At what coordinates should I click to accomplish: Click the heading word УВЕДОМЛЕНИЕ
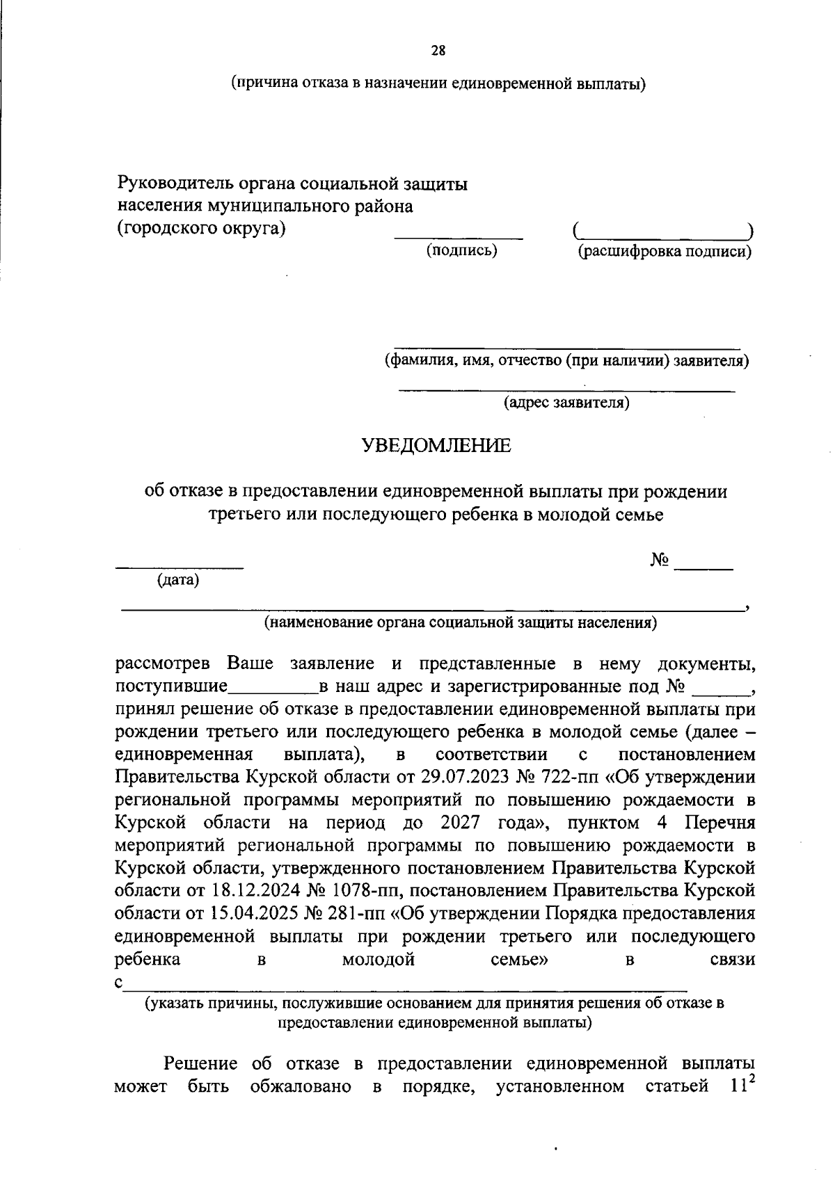pyautogui.click(x=436, y=446)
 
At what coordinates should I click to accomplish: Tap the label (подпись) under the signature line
pyautogui.click(x=461, y=250)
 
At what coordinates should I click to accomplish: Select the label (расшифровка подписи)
pyautogui.click(x=665, y=252)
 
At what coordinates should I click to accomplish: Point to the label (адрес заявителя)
pyautogui.click(x=566, y=403)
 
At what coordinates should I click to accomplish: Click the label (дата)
pyautogui.click(x=178, y=580)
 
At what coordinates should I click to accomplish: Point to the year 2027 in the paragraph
pyautogui.click(x=460, y=823)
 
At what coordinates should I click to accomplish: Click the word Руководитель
pyautogui.click(x=173, y=184)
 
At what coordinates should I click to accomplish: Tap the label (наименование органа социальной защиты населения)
pyautogui.click(x=460, y=622)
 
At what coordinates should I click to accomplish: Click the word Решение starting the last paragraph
pyautogui.click(x=200, y=1063)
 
